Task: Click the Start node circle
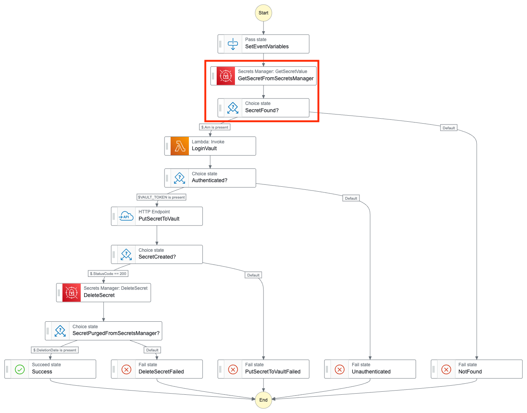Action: tap(263, 13)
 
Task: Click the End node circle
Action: tap(263, 400)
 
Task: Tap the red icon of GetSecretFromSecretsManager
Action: tap(226, 76)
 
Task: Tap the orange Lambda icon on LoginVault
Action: tap(180, 146)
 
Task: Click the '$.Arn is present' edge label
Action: tap(214, 127)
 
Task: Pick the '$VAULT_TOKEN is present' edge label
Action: tap(161, 197)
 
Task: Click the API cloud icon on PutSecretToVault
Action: tap(126, 216)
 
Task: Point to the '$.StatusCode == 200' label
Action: tap(108, 273)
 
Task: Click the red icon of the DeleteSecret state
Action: tap(72, 292)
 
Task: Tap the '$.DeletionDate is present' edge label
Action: tap(55, 350)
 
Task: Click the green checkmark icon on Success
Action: tap(20, 369)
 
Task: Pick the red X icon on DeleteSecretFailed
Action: tap(126, 369)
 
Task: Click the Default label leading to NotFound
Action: tap(449, 128)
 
